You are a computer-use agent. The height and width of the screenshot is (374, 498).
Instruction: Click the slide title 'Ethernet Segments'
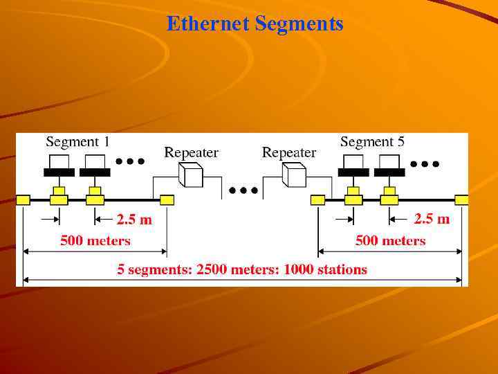(x=255, y=24)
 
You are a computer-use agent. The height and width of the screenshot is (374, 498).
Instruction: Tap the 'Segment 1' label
(x=77, y=142)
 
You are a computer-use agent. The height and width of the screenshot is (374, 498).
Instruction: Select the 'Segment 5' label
(x=372, y=142)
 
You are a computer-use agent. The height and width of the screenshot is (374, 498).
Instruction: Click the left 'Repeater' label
(x=191, y=152)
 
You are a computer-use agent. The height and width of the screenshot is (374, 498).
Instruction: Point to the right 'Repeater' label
(x=289, y=152)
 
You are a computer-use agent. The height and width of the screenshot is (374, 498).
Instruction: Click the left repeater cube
(x=190, y=175)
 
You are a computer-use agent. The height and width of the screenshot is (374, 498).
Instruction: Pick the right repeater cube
(x=294, y=175)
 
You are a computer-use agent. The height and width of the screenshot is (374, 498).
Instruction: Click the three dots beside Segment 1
(x=129, y=161)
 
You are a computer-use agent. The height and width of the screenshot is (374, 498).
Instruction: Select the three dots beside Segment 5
(x=425, y=164)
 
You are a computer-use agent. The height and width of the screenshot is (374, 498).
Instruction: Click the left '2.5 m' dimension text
(x=134, y=220)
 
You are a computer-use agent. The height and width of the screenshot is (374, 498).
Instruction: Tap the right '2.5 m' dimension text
(x=432, y=219)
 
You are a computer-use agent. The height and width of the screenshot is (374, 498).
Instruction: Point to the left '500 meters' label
(x=95, y=241)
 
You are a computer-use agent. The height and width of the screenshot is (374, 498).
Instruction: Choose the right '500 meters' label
(x=390, y=241)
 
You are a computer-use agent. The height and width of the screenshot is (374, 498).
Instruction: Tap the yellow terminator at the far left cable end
(x=23, y=200)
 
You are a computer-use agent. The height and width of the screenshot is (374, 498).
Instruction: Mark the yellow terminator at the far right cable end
(x=461, y=200)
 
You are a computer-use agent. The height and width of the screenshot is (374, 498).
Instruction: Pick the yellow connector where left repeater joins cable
(x=167, y=200)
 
